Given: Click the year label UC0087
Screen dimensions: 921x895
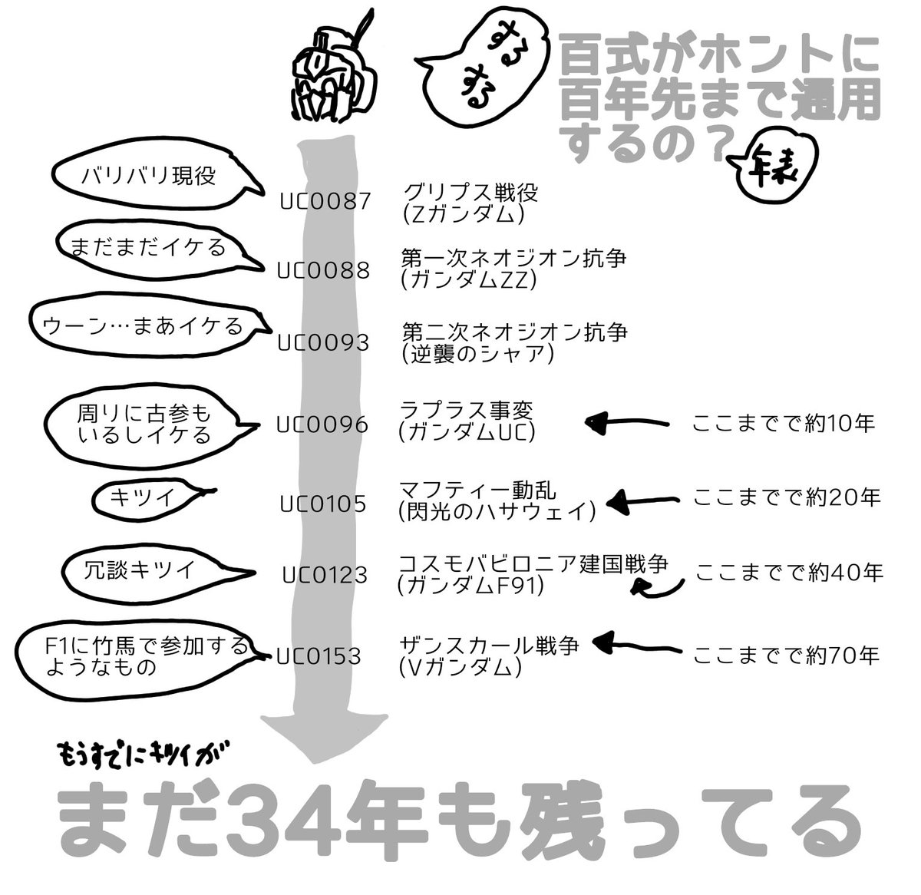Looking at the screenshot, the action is click(x=326, y=201).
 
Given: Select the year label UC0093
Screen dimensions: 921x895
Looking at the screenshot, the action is click(x=323, y=342).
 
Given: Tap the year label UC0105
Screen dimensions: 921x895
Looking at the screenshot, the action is click(x=323, y=504).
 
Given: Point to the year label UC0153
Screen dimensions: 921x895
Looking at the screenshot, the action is click(x=319, y=656).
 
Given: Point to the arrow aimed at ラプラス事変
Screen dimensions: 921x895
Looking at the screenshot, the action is click(x=626, y=422).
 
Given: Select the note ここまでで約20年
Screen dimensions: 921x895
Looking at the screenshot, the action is click(x=787, y=498).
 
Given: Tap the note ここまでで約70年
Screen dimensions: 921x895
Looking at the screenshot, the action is click(x=786, y=656).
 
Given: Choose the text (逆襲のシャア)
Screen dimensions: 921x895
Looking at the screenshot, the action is click(x=476, y=354).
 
